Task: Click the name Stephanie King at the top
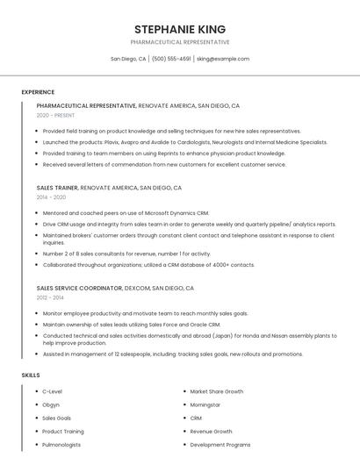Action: click(x=180, y=29)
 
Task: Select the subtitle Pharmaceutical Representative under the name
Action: click(x=180, y=42)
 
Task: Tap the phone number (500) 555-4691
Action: click(x=171, y=59)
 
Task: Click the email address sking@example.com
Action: click(x=223, y=59)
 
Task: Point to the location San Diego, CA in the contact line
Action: click(x=128, y=59)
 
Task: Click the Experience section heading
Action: click(x=38, y=92)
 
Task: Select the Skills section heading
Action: click(x=31, y=375)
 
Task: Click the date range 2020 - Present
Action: click(x=55, y=115)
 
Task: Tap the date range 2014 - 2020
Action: click(x=51, y=197)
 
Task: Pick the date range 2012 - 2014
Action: click(x=51, y=297)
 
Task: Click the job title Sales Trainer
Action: click(x=58, y=188)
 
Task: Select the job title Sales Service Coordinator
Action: click(x=79, y=288)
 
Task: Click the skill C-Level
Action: click(x=52, y=391)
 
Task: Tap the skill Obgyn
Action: click(x=51, y=404)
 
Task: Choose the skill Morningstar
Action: click(x=206, y=404)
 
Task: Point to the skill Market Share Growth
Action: click(x=216, y=391)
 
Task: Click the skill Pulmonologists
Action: click(x=61, y=445)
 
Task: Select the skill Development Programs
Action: click(x=220, y=445)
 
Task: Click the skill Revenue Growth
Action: click(x=211, y=432)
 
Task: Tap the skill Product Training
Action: click(x=63, y=432)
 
